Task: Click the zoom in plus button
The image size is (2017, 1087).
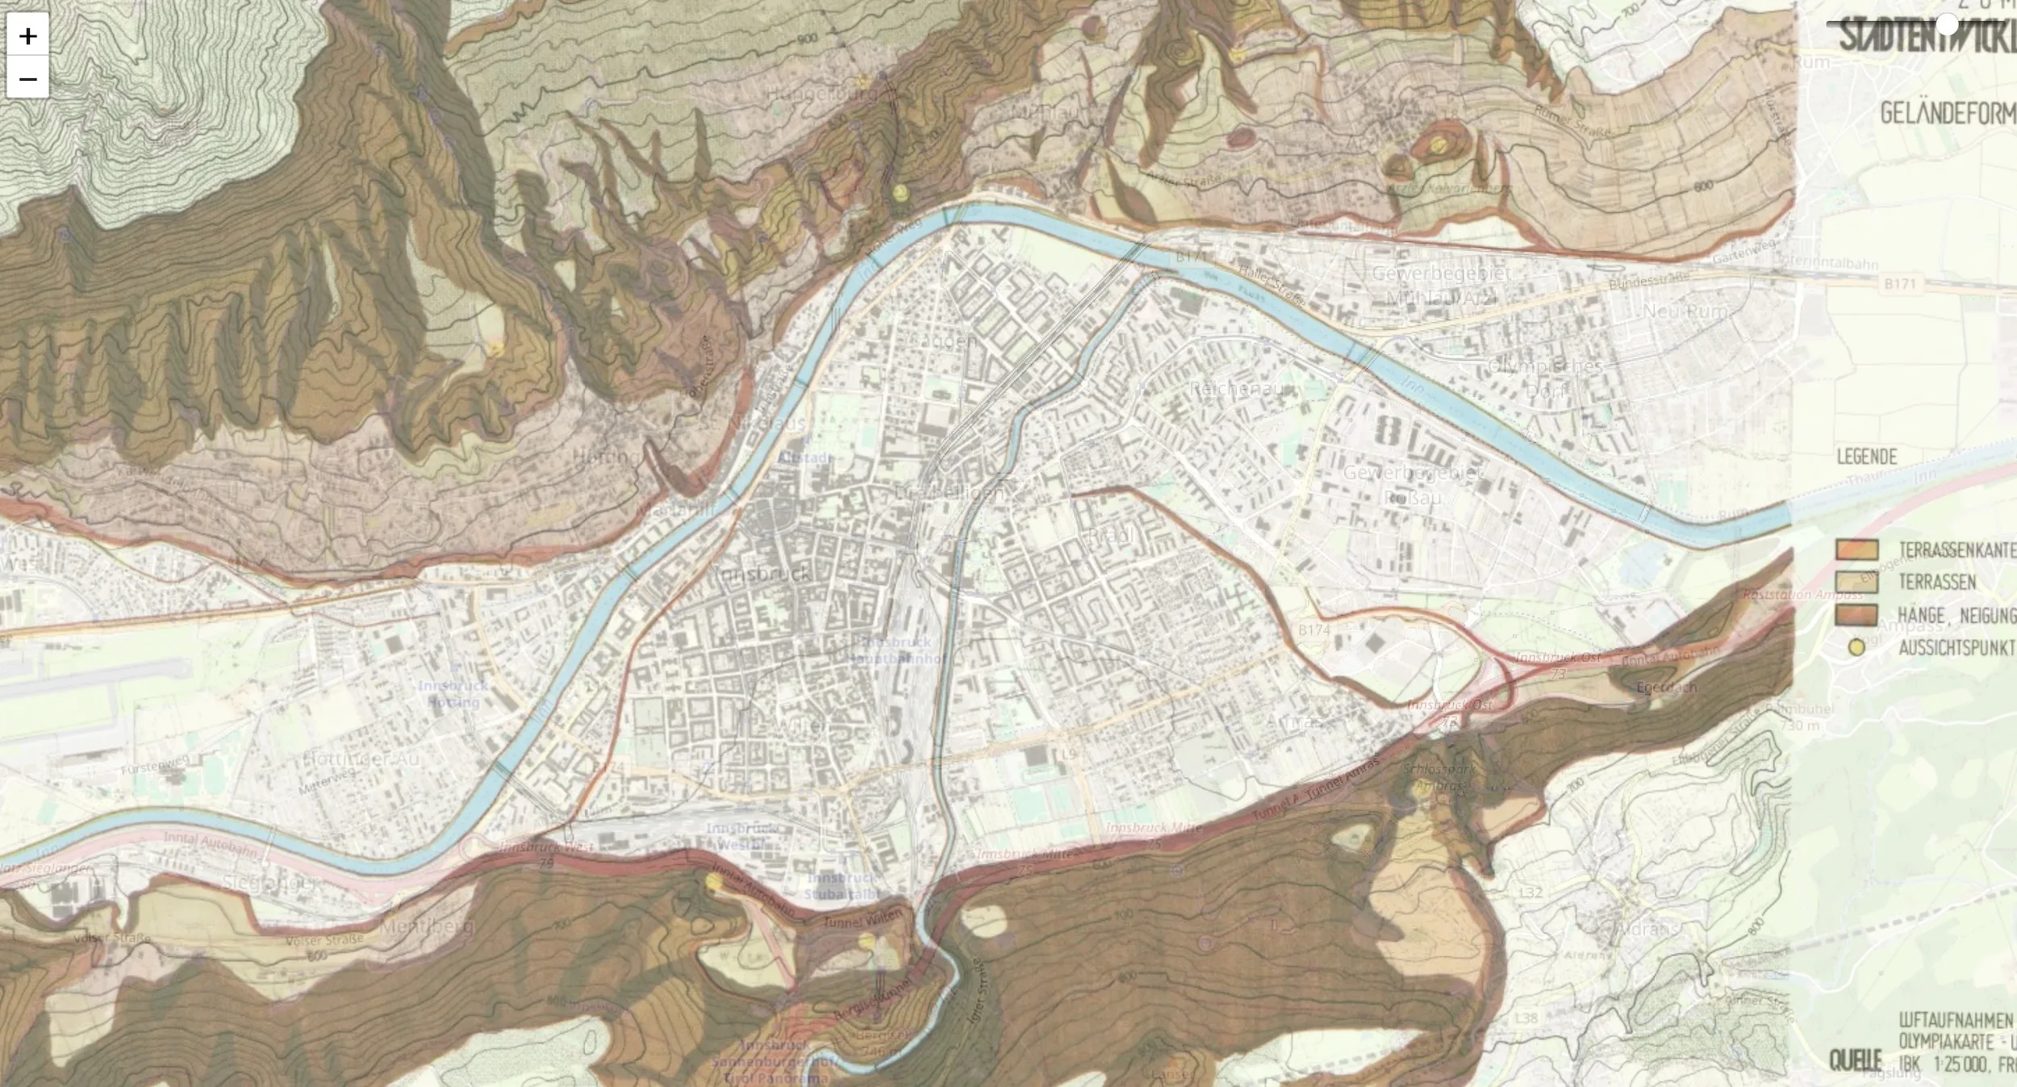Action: tap(28, 36)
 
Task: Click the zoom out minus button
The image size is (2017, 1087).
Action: tap(28, 79)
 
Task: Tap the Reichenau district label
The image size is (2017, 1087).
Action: tap(1234, 389)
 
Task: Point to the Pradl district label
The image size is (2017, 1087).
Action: tap(1110, 536)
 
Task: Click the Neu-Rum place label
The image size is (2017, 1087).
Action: tap(1685, 311)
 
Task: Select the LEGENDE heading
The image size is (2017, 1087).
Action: tap(1866, 458)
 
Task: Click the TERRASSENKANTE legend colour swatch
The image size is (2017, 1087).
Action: tap(1856, 550)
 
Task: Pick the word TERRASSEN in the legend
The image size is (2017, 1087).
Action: tap(1937, 583)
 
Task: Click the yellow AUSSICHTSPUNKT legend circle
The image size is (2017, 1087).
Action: tap(1856, 648)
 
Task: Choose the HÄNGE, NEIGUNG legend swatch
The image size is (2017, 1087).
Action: tap(1856, 615)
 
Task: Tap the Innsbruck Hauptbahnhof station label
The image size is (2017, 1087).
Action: tap(896, 650)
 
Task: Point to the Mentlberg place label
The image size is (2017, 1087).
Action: tap(425, 927)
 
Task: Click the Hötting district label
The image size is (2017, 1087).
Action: tap(605, 457)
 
